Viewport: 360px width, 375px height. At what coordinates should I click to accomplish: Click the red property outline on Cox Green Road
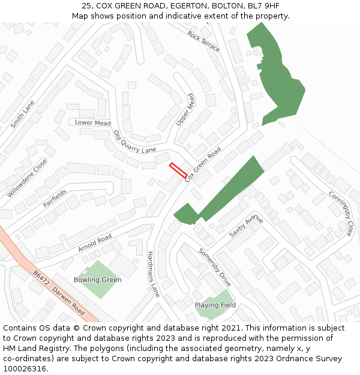pos(178,170)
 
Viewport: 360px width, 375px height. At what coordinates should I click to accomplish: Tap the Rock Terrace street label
pos(203,41)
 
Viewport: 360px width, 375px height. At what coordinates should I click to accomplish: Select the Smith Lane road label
pos(22,115)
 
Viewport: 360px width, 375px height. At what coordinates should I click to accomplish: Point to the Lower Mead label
pos(92,123)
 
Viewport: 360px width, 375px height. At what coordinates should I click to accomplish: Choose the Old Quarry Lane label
pos(134,142)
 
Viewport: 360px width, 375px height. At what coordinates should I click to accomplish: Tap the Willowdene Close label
pos(27,178)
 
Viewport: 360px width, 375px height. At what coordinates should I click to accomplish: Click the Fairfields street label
pos(55,199)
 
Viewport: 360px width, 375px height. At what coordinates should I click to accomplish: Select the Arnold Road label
pos(95,244)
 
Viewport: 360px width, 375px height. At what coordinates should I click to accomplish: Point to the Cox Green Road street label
pos(203,164)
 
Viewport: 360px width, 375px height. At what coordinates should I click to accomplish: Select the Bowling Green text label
pos(97,280)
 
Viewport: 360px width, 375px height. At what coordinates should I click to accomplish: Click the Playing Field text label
pos(215,305)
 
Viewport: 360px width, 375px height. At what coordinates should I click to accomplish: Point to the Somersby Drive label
pos(215,267)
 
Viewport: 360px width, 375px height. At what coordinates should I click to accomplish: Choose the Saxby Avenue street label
pos(246,225)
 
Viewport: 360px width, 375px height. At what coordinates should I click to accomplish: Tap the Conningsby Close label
pos(341,213)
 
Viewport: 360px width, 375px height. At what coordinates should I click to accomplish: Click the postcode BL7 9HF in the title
pos(264,5)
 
